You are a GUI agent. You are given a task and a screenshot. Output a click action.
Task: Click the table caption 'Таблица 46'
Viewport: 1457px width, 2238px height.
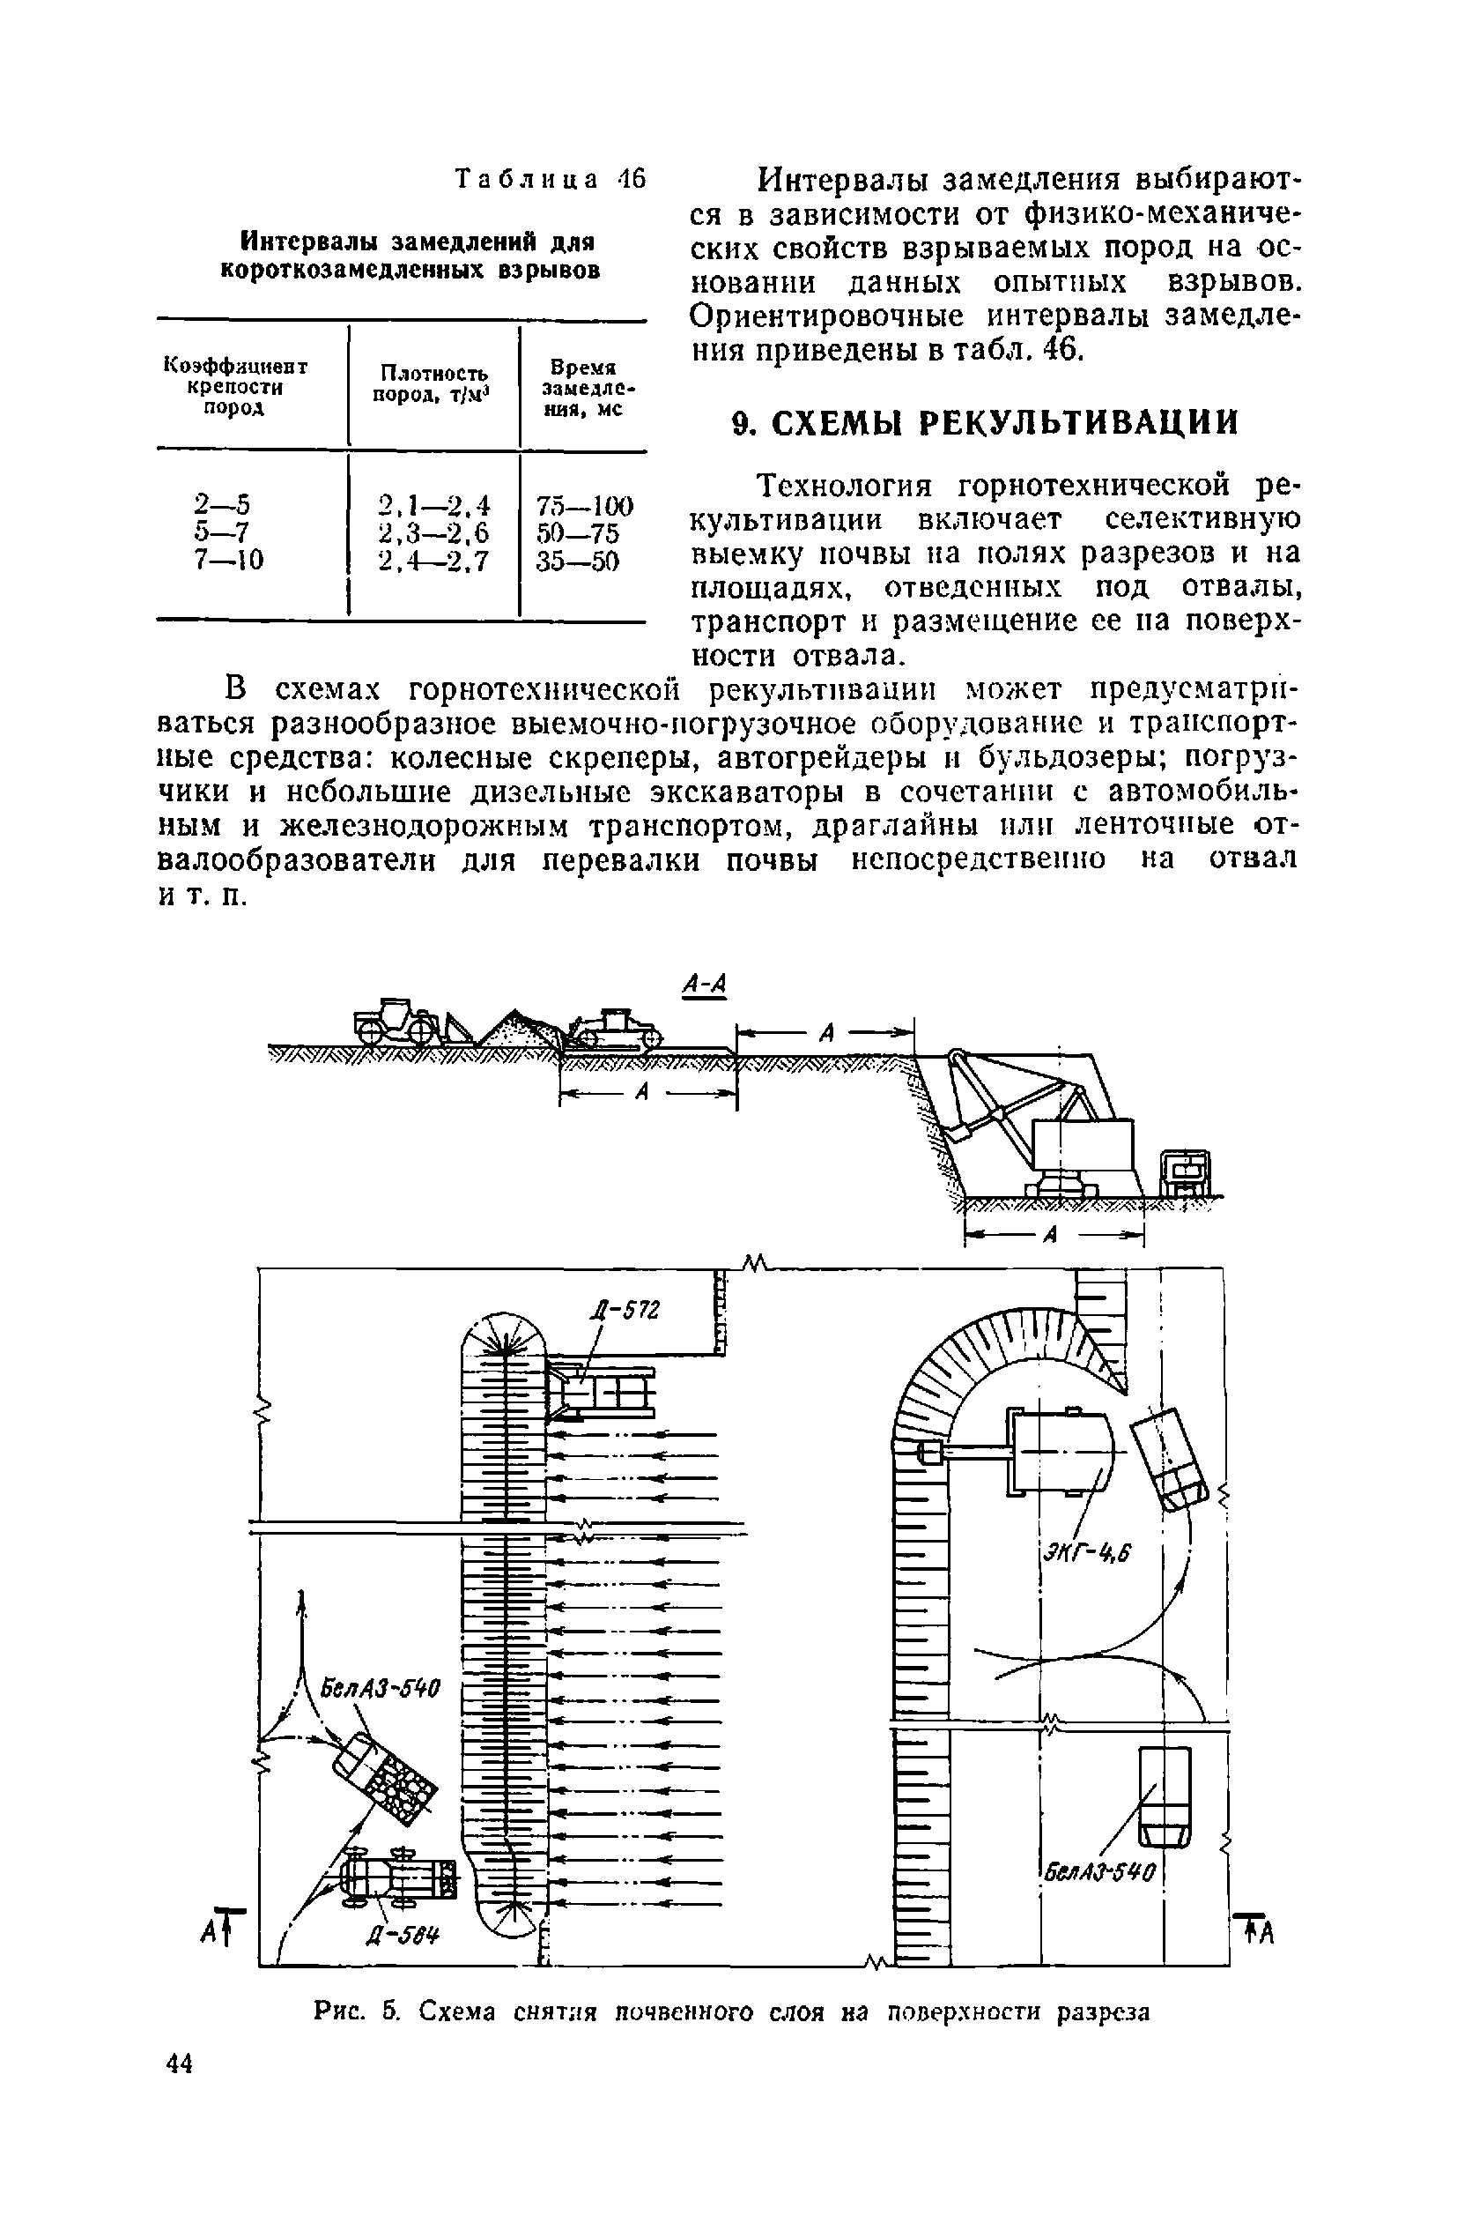[551, 179]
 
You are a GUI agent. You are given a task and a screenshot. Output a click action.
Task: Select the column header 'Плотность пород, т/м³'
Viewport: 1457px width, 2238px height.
[433, 384]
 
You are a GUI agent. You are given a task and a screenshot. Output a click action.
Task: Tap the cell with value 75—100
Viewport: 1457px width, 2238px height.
[585, 505]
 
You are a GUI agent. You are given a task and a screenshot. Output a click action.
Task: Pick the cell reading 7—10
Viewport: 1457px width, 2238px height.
[228, 561]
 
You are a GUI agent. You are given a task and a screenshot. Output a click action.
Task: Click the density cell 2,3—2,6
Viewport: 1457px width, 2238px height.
[433, 533]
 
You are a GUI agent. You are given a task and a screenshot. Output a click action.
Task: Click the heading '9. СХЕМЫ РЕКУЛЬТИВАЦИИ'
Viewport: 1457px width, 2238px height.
[984, 423]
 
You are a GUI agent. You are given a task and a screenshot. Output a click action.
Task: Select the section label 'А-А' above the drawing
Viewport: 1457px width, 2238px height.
[705, 985]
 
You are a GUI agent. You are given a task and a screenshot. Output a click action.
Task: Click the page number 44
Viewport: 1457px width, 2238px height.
[179, 2063]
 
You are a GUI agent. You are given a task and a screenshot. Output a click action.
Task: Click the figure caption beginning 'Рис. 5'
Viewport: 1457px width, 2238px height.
[730, 2011]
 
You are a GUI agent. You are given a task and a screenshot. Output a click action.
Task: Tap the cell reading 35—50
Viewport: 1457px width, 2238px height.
[578, 561]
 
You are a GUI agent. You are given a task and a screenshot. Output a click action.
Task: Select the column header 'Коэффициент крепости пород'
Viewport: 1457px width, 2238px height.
[235, 385]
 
